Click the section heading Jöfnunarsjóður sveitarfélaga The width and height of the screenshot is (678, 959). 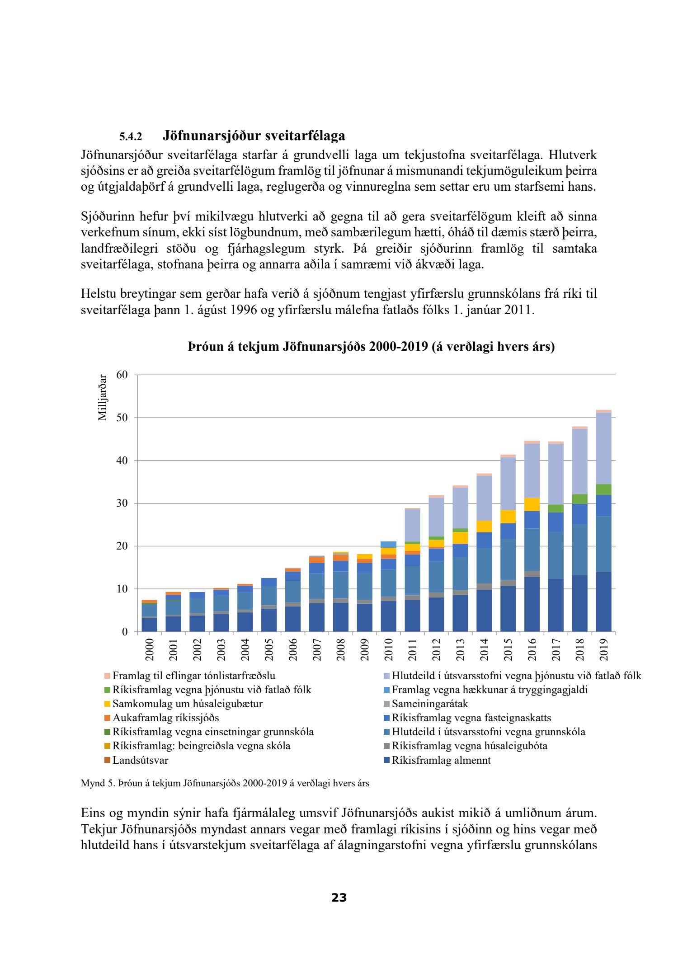[x=254, y=136]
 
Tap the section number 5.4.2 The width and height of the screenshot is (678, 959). [x=131, y=136]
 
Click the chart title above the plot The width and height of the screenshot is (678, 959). [x=371, y=347]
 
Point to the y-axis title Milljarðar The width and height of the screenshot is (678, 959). [x=103, y=397]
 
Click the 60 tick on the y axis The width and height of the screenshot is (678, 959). [x=122, y=375]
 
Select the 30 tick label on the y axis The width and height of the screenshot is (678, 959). [x=122, y=503]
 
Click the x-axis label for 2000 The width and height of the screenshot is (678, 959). [x=149, y=649]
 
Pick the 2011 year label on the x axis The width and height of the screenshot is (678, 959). [x=412, y=649]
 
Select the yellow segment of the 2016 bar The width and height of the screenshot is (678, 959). [x=532, y=504]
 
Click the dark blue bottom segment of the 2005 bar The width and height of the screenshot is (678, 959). [x=269, y=620]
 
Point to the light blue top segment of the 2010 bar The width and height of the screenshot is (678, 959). [x=388, y=545]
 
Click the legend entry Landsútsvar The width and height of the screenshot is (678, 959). [x=140, y=760]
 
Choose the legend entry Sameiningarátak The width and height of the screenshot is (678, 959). [x=429, y=704]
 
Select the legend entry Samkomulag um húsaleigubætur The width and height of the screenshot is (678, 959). [x=187, y=704]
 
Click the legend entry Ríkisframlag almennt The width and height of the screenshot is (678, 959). [x=441, y=760]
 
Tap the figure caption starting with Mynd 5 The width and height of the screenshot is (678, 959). [x=225, y=783]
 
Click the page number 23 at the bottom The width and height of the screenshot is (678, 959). [x=339, y=898]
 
